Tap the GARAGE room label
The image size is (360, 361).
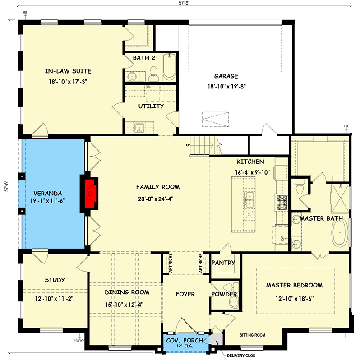[226, 76]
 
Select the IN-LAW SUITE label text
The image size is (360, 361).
[68, 71]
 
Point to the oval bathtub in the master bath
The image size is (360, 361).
[340, 236]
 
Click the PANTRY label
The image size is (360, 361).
[223, 263]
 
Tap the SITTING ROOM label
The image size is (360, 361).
[252, 335]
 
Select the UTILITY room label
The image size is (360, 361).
[151, 106]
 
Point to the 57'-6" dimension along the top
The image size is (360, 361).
[184, 3]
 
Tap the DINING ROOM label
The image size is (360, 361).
[127, 292]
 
